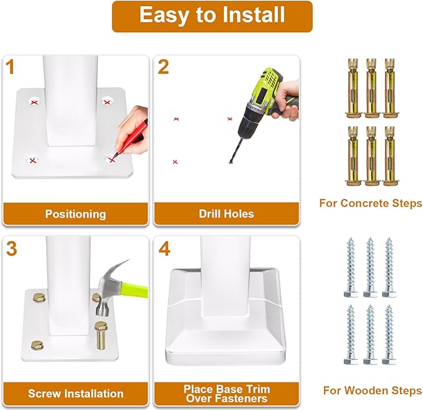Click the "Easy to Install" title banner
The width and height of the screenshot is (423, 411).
[x=212, y=17]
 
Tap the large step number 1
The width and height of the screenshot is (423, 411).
[x=10, y=67]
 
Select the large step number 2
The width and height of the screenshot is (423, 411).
[x=163, y=67]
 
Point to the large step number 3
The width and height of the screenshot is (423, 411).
[x=11, y=249]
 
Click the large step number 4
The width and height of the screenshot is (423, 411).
[x=164, y=249]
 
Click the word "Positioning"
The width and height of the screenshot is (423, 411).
[x=75, y=214]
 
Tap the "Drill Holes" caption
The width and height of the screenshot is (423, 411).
[x=226, y=214]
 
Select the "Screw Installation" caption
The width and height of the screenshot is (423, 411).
[x=75, y=394]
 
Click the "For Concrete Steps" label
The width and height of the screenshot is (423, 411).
[x=371, y=203]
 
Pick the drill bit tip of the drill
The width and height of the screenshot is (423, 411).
[x=231, y=162]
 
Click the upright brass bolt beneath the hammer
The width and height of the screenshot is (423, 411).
[x=100, y=335]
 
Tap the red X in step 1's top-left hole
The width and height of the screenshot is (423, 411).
[x=34, y=103]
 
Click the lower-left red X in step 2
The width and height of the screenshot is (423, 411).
[x=175, y=162]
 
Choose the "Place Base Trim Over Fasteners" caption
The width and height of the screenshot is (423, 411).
[x=227, y=394]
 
